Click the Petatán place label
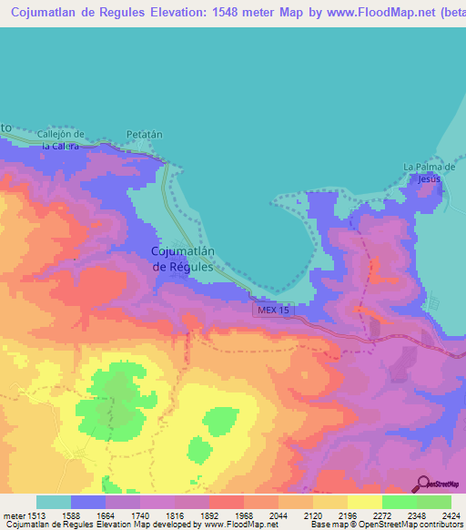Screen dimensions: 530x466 tap(144, 134)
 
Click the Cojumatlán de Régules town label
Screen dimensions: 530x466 tap(182, 260)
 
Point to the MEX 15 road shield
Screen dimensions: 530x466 tap(273, 311)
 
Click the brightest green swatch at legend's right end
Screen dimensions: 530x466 tap(434, 502)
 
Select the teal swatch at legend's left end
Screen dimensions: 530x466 tap(54, 502)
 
